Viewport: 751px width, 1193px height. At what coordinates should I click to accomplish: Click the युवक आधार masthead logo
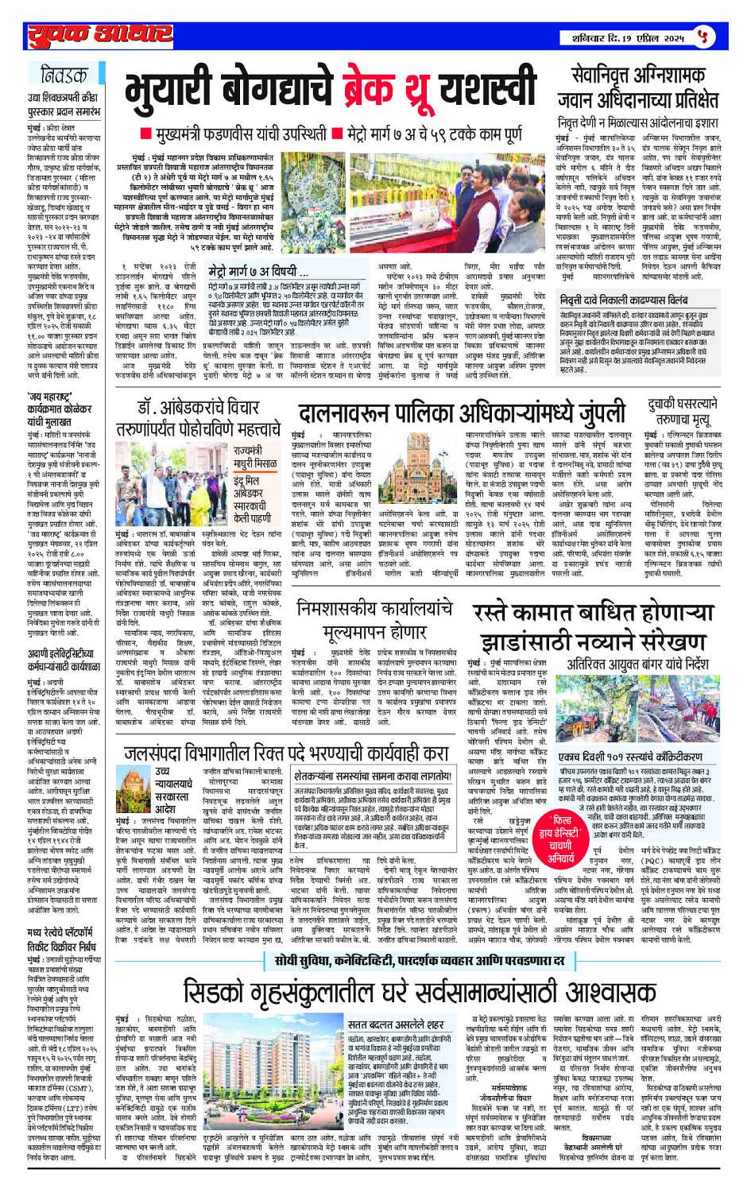100,35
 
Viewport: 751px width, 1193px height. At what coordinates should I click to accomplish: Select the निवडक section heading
64,76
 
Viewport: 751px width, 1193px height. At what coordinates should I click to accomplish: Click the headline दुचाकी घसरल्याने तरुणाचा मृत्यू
683,413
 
